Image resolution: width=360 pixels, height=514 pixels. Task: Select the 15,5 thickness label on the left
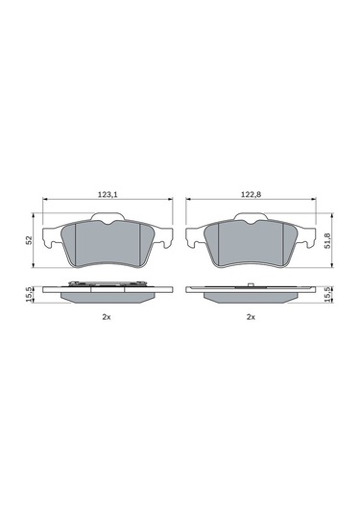pos(30,294)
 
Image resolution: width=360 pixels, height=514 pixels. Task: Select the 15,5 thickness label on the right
pos(328,294)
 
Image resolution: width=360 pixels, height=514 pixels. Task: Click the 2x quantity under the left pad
pos(108,317)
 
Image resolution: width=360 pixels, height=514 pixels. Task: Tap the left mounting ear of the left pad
pos(53,234)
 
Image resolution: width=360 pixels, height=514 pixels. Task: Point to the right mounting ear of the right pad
pos(305,234)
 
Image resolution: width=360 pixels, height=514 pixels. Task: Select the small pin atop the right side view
pos(249,284)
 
